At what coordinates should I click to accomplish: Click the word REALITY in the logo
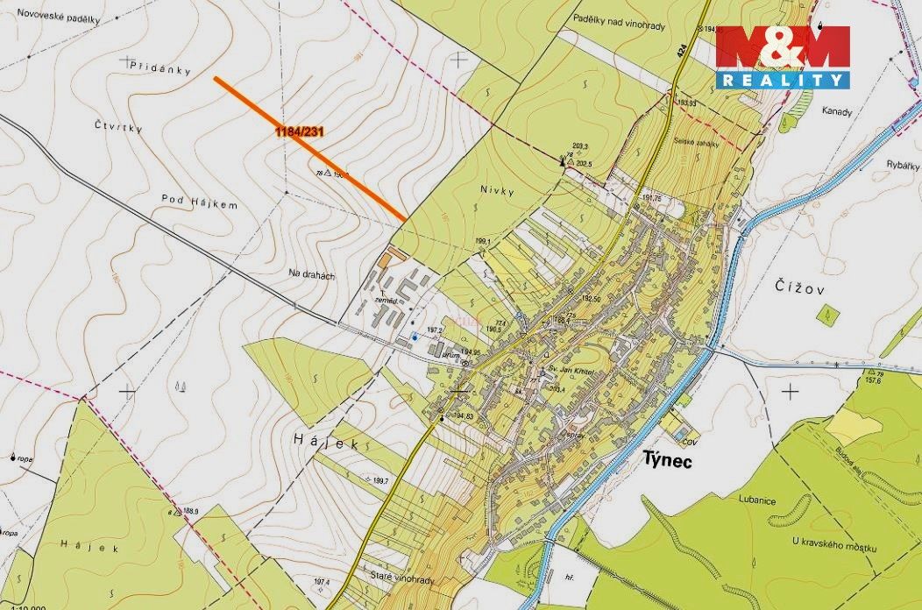coord(783,80)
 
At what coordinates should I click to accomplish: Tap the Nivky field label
coord(495,188)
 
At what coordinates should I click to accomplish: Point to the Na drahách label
coord(311,274)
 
